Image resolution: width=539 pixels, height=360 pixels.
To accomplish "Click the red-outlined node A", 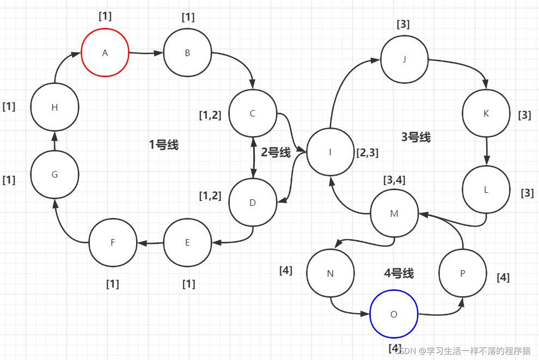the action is (105, 53).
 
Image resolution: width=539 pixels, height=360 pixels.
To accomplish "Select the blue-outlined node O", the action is (394, 314).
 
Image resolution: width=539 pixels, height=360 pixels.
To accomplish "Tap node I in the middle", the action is (330, 152).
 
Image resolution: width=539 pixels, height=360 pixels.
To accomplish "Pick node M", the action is (394, 213).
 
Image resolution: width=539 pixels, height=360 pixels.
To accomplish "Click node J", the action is (404, 59).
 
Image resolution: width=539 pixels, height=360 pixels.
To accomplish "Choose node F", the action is (113, 242).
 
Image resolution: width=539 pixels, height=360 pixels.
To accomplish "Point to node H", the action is (54, 107).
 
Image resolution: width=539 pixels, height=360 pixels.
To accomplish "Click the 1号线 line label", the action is (163, 145).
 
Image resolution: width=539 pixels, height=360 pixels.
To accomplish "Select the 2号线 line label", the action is (275, 152).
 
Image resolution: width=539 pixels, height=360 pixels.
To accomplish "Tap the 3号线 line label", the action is (416, 137).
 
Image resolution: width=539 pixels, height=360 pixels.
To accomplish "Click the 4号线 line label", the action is (399, 273).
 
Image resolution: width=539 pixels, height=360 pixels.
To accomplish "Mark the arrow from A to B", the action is (146, 53).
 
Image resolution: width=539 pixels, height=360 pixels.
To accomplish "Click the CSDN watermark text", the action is (463, 351).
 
